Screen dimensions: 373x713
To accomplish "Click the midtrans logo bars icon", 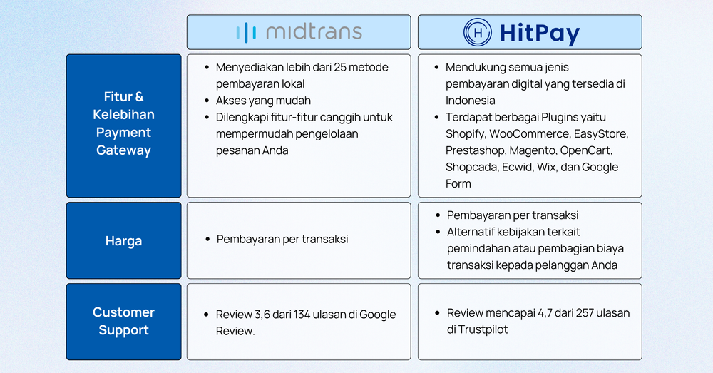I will click(x=247, y=32).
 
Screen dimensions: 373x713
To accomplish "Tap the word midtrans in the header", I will click(x=313, y=32).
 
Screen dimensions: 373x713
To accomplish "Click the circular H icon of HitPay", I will click(x=478, y=32).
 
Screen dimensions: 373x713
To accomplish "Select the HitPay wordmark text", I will click(x=540, y=33).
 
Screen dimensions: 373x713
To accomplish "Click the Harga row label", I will click(x=123, y=241).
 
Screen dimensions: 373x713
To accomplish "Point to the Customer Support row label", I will click(x=123, y=321).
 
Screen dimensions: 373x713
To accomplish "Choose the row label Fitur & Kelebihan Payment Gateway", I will click(x=123, y=123).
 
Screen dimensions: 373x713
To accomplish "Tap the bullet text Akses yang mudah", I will click(x=263, y=101).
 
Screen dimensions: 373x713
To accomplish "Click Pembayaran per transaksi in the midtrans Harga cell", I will click(x=282, y=240).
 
